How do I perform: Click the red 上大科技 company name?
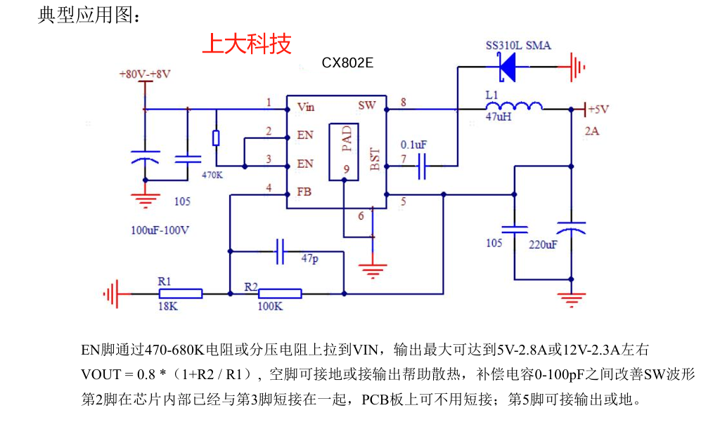[x=246, y=44]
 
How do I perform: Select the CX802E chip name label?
[x=347, y=63]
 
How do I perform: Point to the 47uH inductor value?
[x=499, y=118]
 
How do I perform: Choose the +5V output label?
[x=598, y=110]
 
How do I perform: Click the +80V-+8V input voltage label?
[x=145, y=74]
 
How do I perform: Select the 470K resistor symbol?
[x=216, y=138]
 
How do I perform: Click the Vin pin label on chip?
[x=306, y=107]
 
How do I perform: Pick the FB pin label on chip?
[x=304, y=190]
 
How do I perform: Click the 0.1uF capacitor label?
[x=413, y=145]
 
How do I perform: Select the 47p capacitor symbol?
[x=280, y=251]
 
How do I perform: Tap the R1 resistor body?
[x=180, y=294]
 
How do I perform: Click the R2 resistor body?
[x=280, y=294]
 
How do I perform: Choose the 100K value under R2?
[x=269, y=307]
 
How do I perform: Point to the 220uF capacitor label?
[x=543, y=244]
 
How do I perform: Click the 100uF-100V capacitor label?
[x=160, y=230]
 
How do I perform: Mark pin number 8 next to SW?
[x=403, y=103]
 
